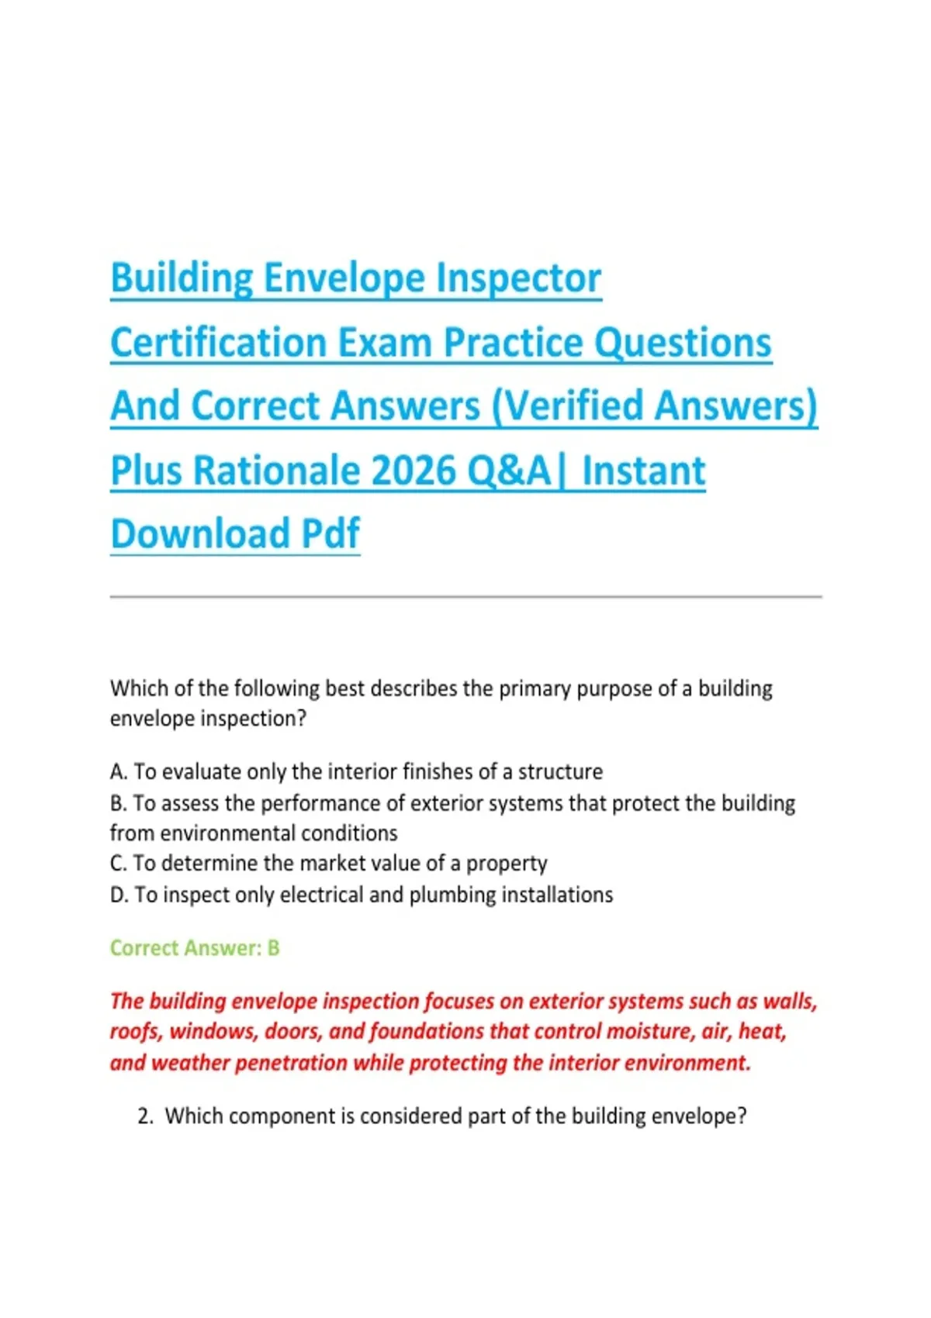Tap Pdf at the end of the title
click(330, 533)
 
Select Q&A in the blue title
click(509, 470)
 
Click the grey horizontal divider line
click(465, 597)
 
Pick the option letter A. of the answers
click(119, 771)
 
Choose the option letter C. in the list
click(119, 863)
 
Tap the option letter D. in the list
click(119, 895)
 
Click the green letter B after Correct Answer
click(273, 948)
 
